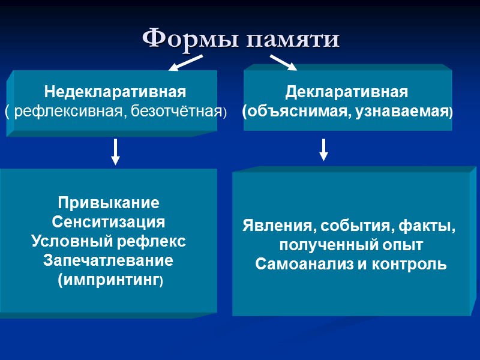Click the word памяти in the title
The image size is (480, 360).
tap(294, 40)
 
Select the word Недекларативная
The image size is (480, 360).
tap(115, 93)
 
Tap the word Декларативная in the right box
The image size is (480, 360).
tap(347, 93)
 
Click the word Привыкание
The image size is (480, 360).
tap(109, 202)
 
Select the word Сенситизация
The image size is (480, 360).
tap(109, 222)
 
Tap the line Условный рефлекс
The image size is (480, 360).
tap(109, 241)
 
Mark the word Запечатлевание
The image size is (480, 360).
tap(109, 261)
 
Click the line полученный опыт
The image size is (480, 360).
tap(352, 246)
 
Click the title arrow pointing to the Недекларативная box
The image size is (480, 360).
tap(185, 62)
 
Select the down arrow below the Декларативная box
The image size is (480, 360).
tap(323, 150)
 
